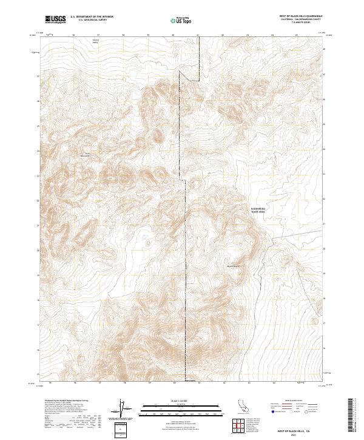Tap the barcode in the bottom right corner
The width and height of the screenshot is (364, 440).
(351, 416)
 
